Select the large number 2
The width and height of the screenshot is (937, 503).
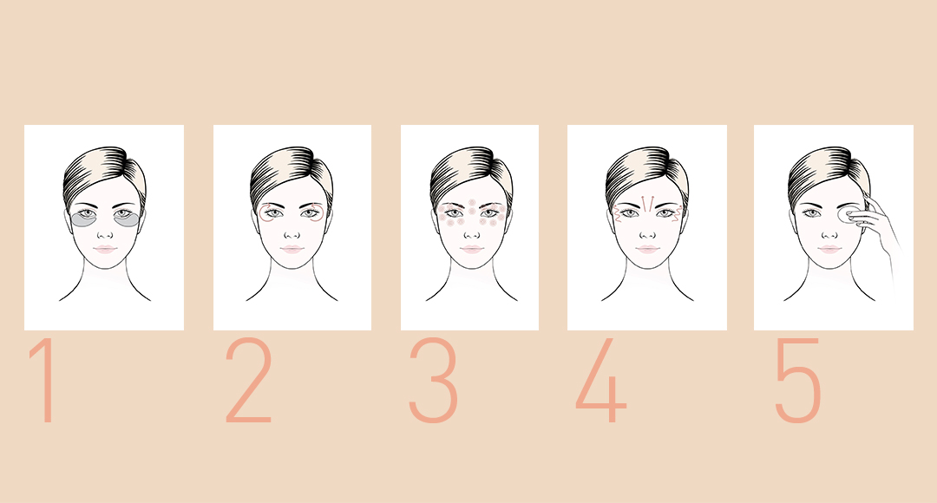click(248, 382)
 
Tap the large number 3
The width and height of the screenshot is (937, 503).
click(433, 382)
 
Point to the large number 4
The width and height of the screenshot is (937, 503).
click(601, 382)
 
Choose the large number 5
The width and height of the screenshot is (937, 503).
click(797, 382)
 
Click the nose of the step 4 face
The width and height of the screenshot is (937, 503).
click(647, 232)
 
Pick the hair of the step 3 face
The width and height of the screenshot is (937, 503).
click(468, 169)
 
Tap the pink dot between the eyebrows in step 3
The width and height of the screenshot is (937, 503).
click(469, 204)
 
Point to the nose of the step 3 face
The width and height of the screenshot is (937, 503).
click(469, 232)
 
